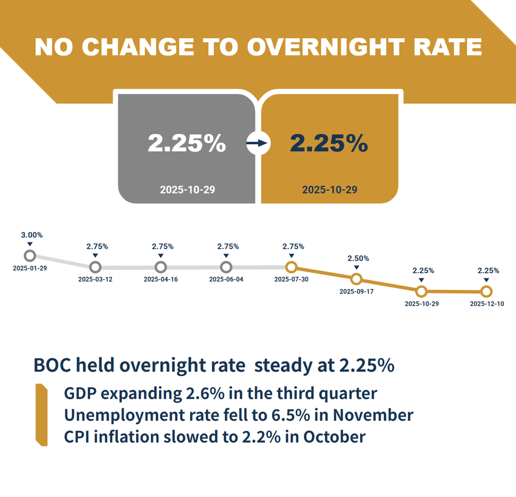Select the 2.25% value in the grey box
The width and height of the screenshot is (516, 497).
(186, 143)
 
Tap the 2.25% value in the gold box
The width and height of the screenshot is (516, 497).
(329, 143)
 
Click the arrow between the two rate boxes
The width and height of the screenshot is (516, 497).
(258, 144)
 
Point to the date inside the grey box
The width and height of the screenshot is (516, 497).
(187, 190)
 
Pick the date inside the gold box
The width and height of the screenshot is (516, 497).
(330, 190)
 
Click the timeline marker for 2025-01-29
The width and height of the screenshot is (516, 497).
(30, 255)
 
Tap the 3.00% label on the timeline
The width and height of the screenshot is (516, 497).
(32, 235)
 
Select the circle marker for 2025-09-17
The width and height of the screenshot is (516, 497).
(356, 279)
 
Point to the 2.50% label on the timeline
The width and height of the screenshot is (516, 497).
(358, 259)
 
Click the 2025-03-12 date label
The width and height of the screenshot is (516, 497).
(95, 279)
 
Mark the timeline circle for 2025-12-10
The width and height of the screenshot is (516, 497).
(486, 291)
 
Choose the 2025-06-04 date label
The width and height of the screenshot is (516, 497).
(226, 279)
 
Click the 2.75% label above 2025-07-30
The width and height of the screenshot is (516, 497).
(293, 246)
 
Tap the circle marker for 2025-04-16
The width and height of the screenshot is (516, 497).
(161, 267)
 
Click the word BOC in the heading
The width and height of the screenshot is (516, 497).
(50, 365)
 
